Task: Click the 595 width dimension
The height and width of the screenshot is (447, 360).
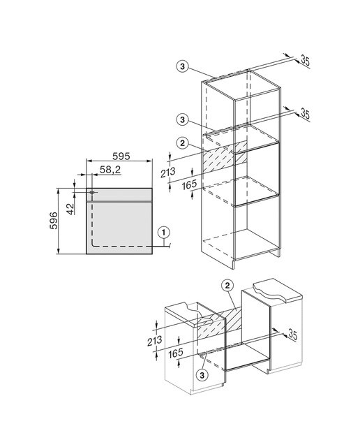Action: pyautogui.click(x=121, y=156)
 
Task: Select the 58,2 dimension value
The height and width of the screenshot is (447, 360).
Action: pyautogui.click(x=110, y=170)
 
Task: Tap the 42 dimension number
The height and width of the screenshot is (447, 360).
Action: pyautogui.click(x=70, y=208)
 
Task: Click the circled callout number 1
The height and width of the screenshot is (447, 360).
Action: pyautogui.click(x=163, y=233)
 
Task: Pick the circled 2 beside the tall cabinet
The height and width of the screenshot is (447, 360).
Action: pyautogui.click(x=183, y=142)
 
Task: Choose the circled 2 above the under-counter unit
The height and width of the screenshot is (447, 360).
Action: pyautogui.click(x=227, y=286)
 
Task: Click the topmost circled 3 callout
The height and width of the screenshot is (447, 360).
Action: pyautogui.click(x=183, y=67)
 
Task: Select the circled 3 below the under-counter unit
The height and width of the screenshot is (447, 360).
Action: pyautogui.click(x=202, y=375)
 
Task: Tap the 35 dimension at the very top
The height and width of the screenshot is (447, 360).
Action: pyautogui.click(x=305, y=61)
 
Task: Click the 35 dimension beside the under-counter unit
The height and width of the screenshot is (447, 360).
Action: pyautogui.click(x=292, y=334)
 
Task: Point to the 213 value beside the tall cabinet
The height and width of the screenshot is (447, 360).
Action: pyautogui.click(x=167, y=173)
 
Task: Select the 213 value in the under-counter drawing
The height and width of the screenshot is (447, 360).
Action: pyautogui.click(x=155, y=341)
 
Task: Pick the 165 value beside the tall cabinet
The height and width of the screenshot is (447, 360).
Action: pyautogui.click(x=189, y=184)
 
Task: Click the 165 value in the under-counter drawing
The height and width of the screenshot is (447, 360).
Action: pyautogui.click(x=176, y=353)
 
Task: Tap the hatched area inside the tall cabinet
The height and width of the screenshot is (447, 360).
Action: pyautogui.click(x=224, y=158)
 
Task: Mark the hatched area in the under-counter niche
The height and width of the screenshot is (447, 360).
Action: pyautogui.click(x=219, y=323)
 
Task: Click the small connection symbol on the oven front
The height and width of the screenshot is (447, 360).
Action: pyautogui.click(x=91, y=193)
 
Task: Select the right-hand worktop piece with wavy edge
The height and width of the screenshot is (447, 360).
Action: pyautogui.click(x=278, y=291)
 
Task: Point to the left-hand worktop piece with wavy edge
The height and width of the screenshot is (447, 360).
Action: pyautogui.click(x=194, y=315)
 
